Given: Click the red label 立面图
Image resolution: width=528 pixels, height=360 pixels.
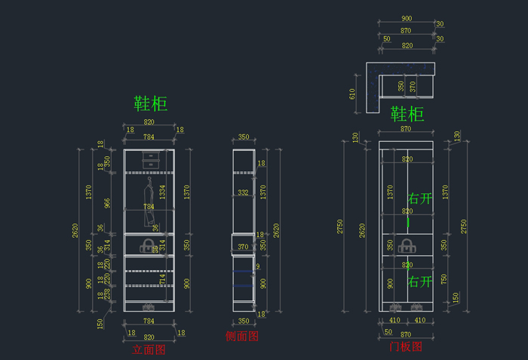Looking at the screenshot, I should pos(149,350).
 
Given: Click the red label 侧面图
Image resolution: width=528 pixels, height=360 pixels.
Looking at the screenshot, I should pos(242,336).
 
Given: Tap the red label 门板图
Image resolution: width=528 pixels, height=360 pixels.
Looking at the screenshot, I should pos(405,347).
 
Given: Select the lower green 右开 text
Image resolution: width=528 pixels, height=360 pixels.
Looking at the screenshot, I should pos(420,282).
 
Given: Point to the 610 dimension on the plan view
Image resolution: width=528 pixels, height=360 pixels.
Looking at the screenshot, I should pos(352,93).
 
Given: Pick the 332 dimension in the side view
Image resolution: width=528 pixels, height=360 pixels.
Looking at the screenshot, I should pos(243,193).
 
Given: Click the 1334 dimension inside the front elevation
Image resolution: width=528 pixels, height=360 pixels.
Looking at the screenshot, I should pos(162,193).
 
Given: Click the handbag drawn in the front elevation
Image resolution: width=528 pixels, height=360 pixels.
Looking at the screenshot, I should pos(149,245).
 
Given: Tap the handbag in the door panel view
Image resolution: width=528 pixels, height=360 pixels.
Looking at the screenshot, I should pos(407,245).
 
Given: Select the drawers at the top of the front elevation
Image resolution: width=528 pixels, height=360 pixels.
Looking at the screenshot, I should pos(149,161).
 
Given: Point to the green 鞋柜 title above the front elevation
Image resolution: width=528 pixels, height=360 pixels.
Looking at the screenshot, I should pos(150,103).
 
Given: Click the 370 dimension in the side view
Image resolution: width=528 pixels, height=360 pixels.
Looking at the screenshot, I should pos(243,247).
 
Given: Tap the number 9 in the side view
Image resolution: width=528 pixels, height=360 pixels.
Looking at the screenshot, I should pos(257,266).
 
